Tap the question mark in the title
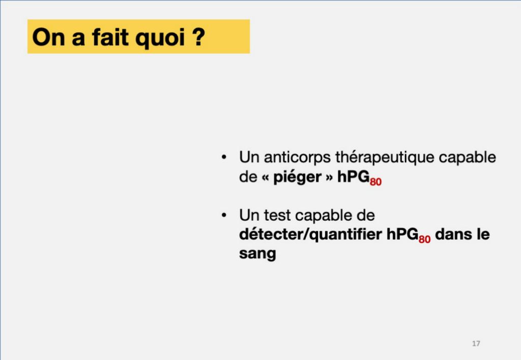(x=199, y=37)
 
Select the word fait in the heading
(x=110, y=37)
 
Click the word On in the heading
(x=48, y=37)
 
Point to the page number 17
(x=476, y=343)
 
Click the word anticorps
(x=297, y=158)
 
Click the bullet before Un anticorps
(x=224, y=157)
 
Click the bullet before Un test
(x=224, y=215)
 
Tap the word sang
(x=257, y=254)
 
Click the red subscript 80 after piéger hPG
(x=375, y=182)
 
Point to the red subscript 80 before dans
(x=424, y=239)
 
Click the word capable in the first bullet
(x=467, y=157)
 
